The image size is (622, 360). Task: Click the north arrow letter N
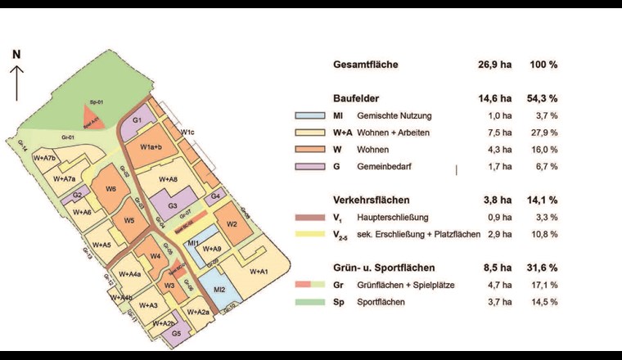click(16, 54)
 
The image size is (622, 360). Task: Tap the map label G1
click(138, 121)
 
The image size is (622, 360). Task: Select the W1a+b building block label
click(151, 147)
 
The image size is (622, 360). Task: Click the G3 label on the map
click(173, 205)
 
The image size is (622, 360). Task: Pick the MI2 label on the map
click(219, 290)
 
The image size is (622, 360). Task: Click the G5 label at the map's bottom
click(177, 334)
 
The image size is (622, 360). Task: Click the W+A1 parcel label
click(259, 271)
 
